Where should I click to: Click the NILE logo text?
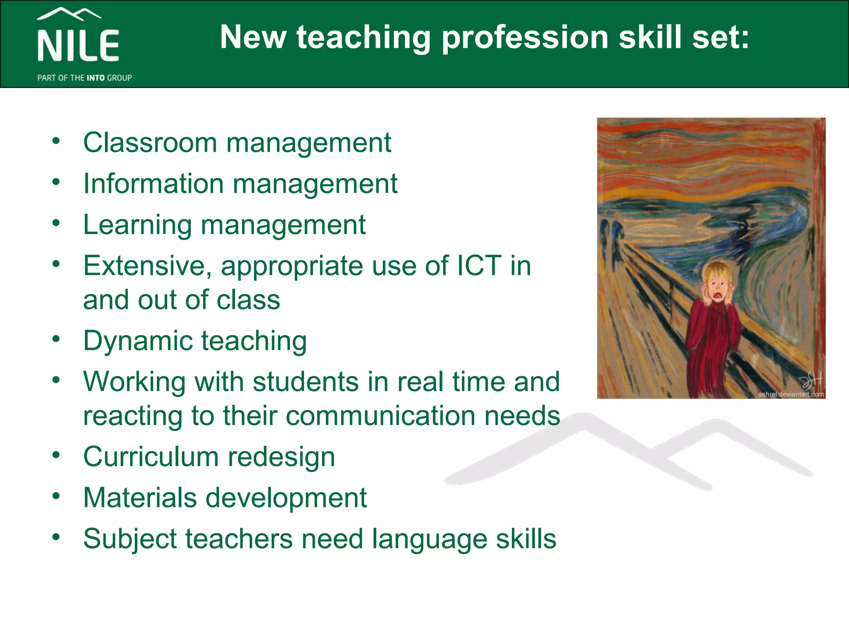pyautogui.click(x=78, y=46)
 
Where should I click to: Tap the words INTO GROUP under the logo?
pyautogui.click(x=109, y=78)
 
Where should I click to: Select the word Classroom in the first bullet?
pyautogui.click(x=150, y=143)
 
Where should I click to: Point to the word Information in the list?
pyautogui.click(x=153, y=183)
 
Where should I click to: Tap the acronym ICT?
pyautogui.click(x=479, y=266)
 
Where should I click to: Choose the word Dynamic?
pyautogui.click(x=138, y=341)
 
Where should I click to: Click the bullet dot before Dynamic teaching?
pyautogui.click(x=56, y=339)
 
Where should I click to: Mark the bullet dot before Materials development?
pyautogui.click(x=56, y=496)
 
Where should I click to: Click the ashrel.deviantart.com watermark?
pyautogui.click(x=791, y=394)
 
